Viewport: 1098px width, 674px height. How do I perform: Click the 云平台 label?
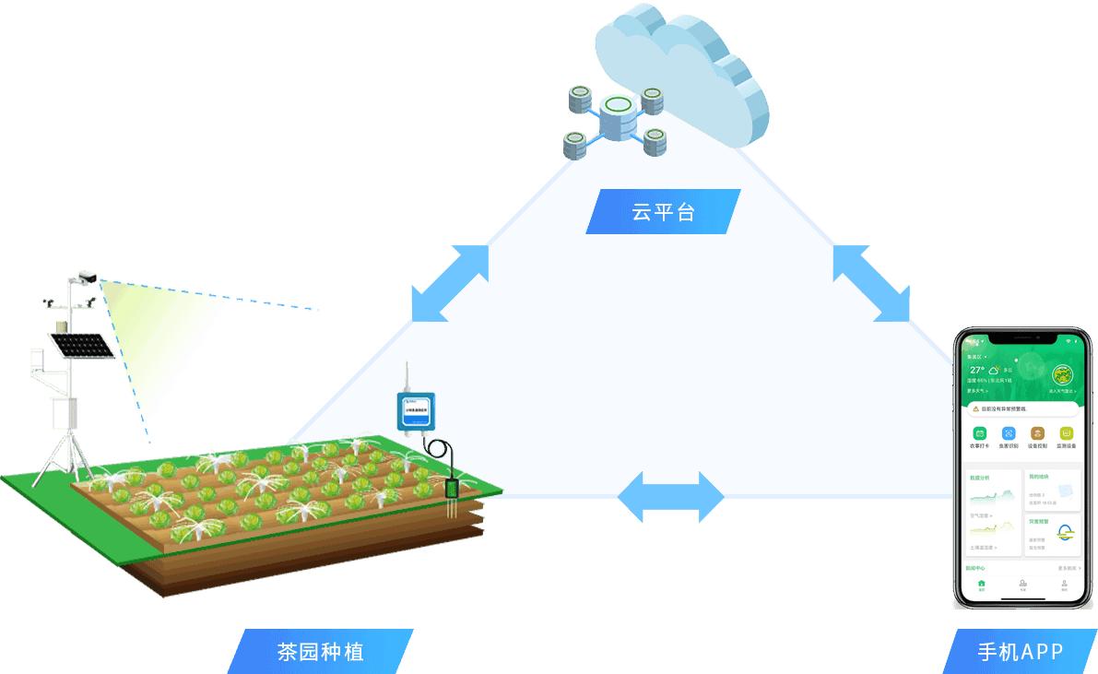(x=663, y=212)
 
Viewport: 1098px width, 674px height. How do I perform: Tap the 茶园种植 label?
(x=320, y=652)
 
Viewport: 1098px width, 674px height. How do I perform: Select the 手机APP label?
(x=1020, y=652)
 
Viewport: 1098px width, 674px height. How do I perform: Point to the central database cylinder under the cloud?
(x=615, y=117)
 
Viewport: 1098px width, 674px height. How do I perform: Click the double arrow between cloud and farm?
(x=450, y=282)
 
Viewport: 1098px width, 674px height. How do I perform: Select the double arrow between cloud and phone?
(x=871, y=283)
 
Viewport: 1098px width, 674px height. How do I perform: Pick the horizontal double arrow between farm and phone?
(x=670, y=497)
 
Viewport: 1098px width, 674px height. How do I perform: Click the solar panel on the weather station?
(x=81, y=346)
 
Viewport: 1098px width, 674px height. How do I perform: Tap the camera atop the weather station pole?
(x=87, y=276)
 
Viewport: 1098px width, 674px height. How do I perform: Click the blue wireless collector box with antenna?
(x=416, y=410)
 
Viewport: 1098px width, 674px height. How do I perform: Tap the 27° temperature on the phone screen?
(x=977, y=370)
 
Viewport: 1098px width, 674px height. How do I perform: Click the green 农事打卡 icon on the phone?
(x=980, y=433)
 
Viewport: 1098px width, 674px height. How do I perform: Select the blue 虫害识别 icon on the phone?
(x=1009, y=433)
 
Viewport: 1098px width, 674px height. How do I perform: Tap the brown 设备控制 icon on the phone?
(x=1037, y=433)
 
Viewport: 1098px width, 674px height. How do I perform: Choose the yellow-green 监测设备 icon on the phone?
(x=1066, y=433)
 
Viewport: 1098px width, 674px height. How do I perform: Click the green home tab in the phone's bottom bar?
(x=981, y=584)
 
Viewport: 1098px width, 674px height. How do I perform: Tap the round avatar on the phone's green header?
(x=1062, y=375)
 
